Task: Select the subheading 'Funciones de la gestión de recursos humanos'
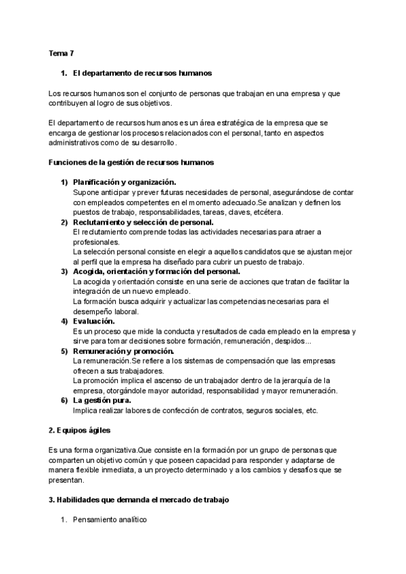132,162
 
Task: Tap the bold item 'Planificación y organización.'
125,182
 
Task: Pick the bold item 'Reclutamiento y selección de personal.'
143,222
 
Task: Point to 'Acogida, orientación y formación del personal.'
156,271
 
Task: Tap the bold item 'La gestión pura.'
101,401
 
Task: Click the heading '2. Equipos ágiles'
80,430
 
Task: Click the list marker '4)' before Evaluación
64,321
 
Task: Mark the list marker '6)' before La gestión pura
64,401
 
